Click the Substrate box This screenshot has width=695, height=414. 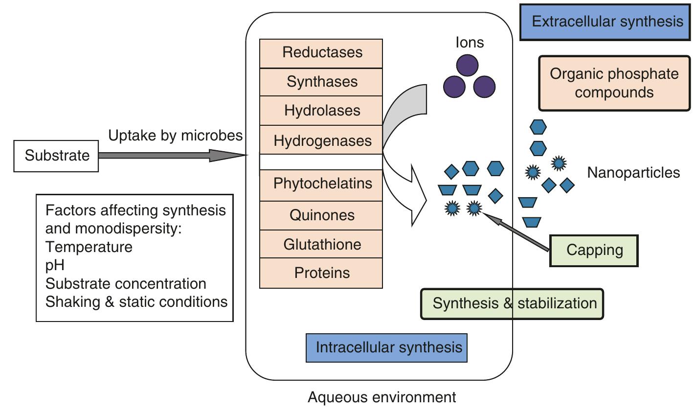pos(56,156)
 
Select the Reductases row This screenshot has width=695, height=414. pos(321,53)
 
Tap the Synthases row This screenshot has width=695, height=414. pos(321,82)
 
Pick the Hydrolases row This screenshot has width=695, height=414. pos(321,111)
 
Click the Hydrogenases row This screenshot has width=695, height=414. pos(321,140)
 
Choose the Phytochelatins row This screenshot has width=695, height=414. pos(321,184)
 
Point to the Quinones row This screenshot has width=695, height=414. pos(321,215)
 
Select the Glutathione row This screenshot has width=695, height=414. pos(321,244)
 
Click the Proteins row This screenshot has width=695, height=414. pos(321,273)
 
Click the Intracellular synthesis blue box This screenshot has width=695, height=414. pos(386,348)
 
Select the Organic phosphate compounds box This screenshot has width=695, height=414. pos(614,83)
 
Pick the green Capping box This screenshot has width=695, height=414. pos(594,251)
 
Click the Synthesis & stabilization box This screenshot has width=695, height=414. pos(513,303)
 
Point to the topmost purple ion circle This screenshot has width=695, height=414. pos(467,66)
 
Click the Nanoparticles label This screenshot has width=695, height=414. pos(633,173)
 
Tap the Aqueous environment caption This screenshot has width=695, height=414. pos(381,397)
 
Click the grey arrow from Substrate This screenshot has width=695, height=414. pos(171,156)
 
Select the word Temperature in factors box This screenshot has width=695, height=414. pos(89,247)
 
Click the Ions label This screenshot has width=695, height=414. pos(470,43)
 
